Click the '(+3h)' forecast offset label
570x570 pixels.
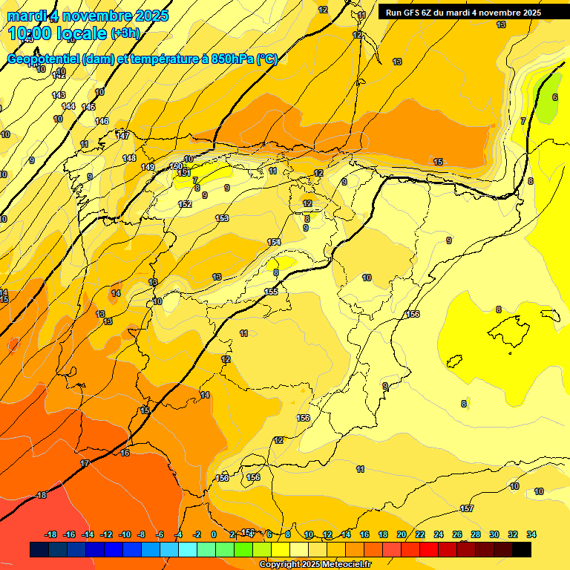[124, 33]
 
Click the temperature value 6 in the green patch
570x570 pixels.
[554, 97]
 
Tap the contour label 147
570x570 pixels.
[123, 135]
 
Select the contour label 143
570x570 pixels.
[59, 95]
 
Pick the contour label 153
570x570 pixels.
[222, 218]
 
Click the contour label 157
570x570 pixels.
[467, 508]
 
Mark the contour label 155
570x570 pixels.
[272, 292]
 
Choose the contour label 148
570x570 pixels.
[129, 158]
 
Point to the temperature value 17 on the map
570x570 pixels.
[85, 463]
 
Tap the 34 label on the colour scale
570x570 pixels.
[531, 534]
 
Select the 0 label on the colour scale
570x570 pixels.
[214, 534]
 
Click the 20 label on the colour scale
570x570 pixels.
[402, 534]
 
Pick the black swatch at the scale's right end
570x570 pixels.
[521, 549]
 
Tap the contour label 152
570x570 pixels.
[185, 204]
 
